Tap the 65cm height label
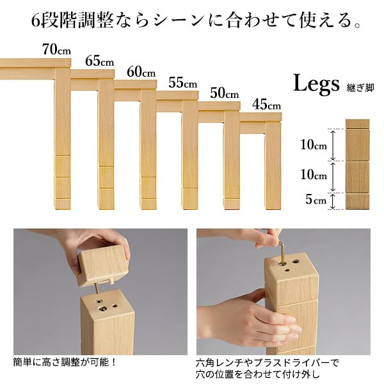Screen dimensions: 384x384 coord(99,61)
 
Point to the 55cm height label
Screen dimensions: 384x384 coord(182,83)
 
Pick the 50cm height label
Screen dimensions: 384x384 coord(225,93)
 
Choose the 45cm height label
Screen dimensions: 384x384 coord(266,104)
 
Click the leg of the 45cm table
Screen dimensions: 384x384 coord(273,166)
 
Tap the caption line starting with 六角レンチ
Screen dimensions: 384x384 coord(268,362)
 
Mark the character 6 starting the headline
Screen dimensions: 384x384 coord(36,20)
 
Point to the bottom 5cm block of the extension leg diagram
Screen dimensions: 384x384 coord(357,201)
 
